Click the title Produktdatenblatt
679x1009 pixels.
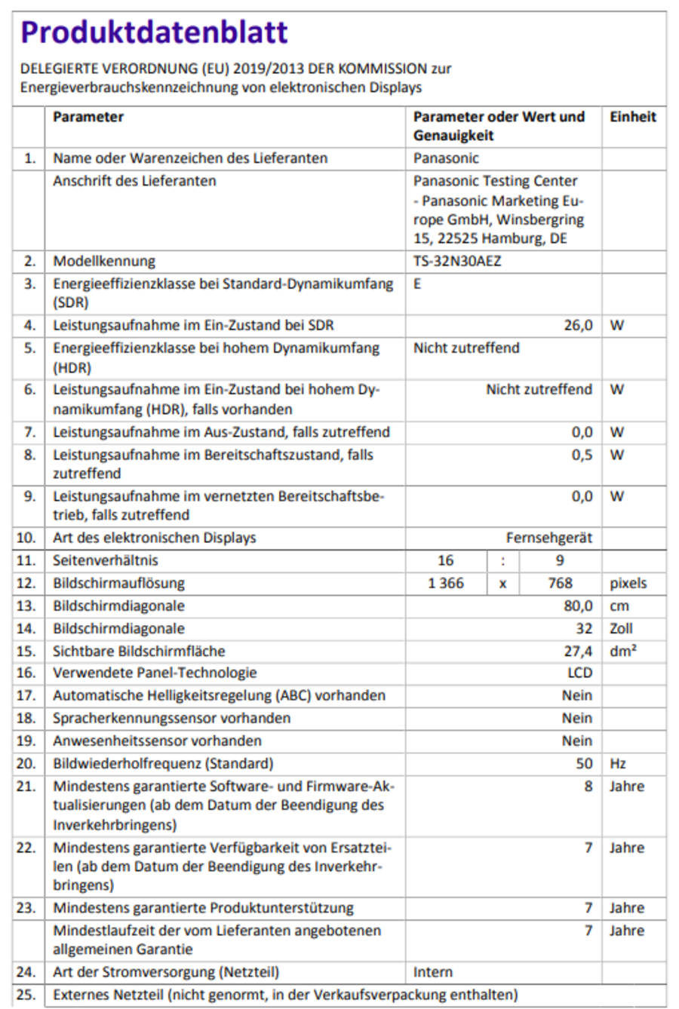[x=154, y=32]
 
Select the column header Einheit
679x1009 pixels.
[x=632, y=117]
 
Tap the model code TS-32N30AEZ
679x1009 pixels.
[x=457, y=262]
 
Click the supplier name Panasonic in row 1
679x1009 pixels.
[x=446, y=158]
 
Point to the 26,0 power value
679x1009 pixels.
[x=578, y=326]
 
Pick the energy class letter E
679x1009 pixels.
[x=417, y=284]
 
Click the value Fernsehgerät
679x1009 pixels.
[x=548, y=538]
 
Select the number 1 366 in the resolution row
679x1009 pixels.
[x=446, y=583]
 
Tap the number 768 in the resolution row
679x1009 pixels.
[x=560, y=583]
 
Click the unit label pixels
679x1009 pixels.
[x=628, y=583]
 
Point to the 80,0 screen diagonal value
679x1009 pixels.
[x=578, y=606]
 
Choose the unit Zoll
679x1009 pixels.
[x=621, y=628]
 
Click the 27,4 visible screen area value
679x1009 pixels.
[x=578, y=651]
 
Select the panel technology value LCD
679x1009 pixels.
[x=579, y=673]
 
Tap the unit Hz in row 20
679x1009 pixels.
[x=617, y=763]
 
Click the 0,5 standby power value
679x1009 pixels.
[x=582, y=455]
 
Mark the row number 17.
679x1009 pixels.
[x=26, y=695]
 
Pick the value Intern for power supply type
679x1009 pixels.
[x=432, y=972]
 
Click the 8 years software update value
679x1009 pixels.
[x=588, y=786]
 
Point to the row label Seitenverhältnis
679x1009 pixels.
[x=105, y=560]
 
